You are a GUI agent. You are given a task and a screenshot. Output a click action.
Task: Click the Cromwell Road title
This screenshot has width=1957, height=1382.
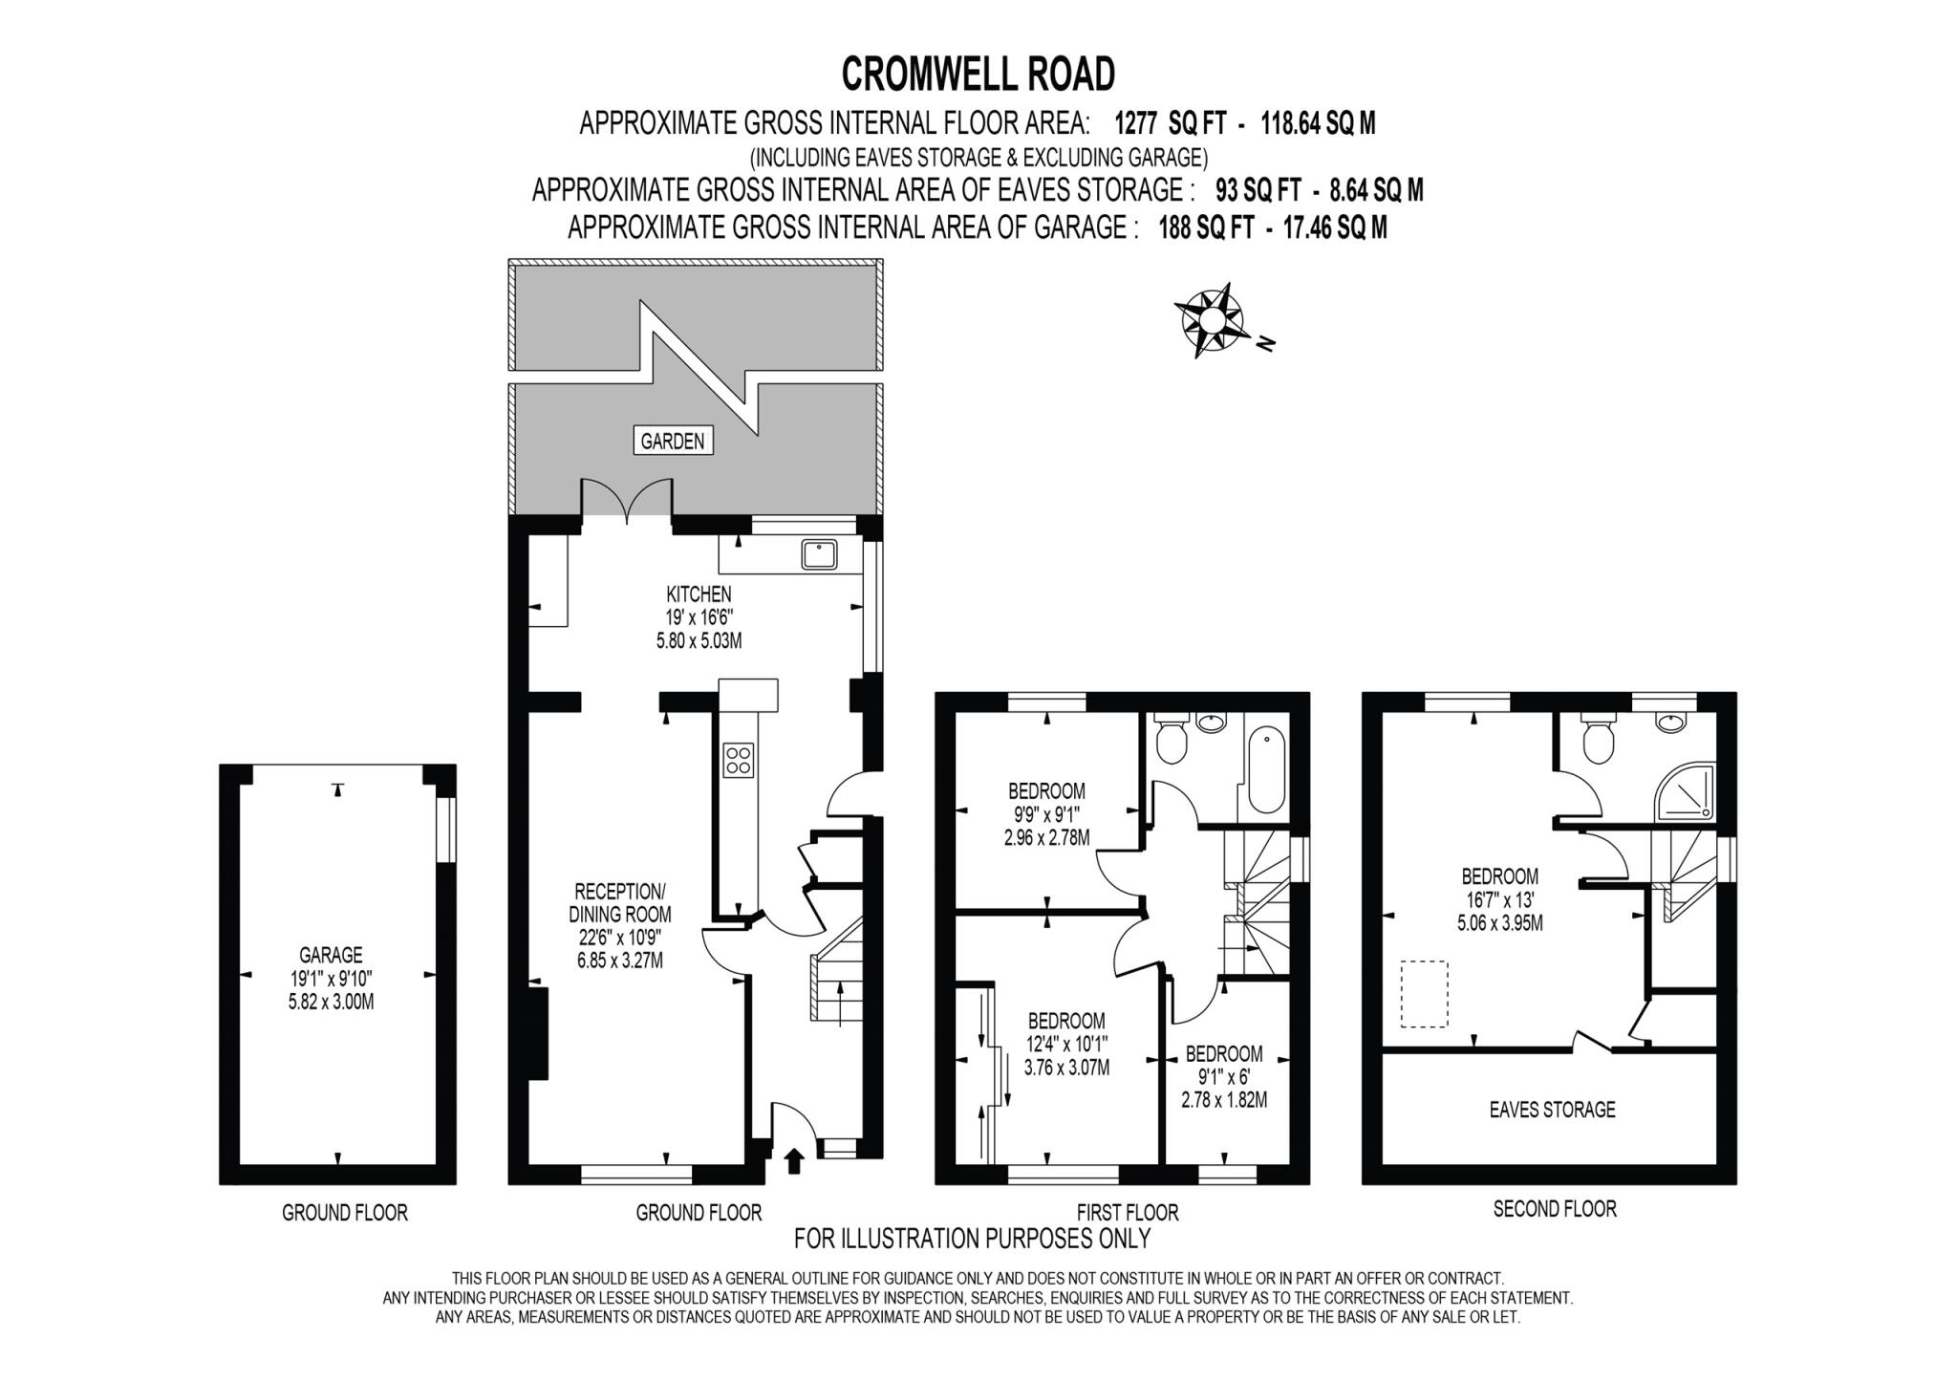pos(978,74)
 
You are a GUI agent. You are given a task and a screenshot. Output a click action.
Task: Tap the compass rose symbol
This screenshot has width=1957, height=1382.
pos(1211,319)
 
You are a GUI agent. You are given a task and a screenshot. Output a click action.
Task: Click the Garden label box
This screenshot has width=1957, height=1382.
pos(673,441)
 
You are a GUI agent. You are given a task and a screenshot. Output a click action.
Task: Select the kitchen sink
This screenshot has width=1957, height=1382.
pos(820,554)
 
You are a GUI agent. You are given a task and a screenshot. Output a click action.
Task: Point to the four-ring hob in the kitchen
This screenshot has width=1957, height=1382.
pos(739,760)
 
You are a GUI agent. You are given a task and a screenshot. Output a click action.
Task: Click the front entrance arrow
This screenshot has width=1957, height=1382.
pos(793,1160)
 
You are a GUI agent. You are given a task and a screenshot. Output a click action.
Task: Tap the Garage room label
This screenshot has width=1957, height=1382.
pos(331,954)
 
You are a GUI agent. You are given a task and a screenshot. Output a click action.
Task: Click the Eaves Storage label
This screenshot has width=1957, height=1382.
pos(1552,1110)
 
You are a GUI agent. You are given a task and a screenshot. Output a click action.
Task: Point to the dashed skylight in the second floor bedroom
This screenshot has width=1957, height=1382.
pos(1424,994)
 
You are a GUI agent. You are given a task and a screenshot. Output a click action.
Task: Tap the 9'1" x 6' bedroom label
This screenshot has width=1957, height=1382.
pos(1224,1076)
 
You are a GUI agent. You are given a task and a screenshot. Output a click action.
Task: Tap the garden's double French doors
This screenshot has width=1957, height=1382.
pos(627,502)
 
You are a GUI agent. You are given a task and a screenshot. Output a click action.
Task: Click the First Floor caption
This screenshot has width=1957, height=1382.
pos(1127,1212)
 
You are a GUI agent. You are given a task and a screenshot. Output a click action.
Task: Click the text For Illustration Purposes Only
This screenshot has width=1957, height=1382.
pos(972,1239)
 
